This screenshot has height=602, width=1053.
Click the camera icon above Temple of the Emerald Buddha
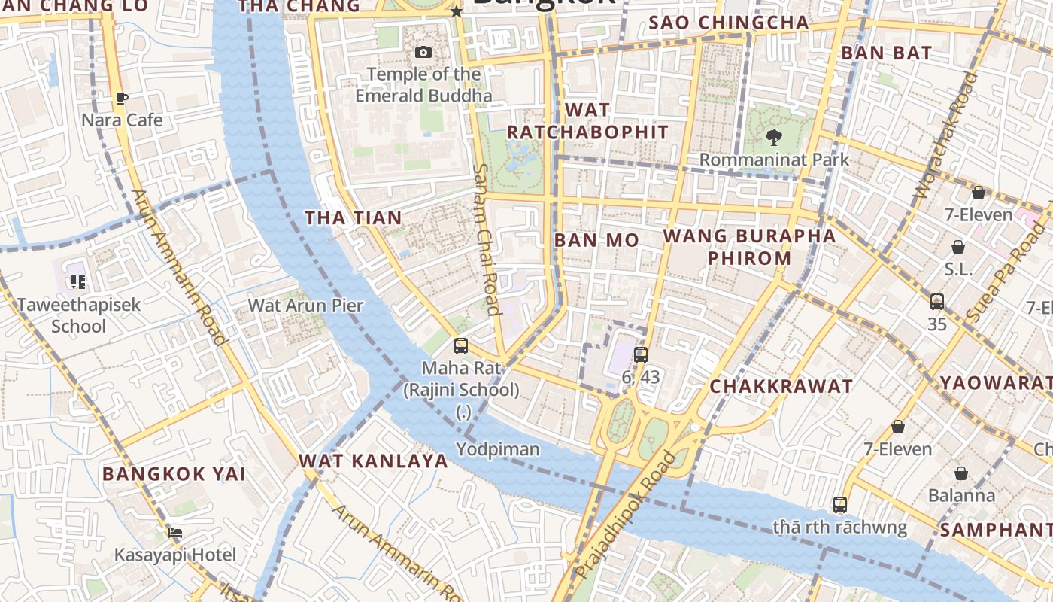pos(423,52)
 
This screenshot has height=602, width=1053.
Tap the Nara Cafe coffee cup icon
pos(122,98)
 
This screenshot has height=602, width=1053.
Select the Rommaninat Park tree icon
pos(773,138)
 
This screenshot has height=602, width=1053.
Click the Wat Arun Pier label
pos(305,306)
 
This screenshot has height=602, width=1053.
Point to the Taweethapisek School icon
pos(77,282)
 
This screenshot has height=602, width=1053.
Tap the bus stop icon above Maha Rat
pos(461,346)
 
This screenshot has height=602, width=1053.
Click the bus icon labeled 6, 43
pos(641,355)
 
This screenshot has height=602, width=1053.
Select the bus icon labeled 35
pos(937,302)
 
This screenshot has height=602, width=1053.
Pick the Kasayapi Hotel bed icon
pos(175,533)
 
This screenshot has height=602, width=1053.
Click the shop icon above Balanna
pos(961,473)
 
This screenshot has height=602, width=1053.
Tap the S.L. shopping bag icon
pos(958,247)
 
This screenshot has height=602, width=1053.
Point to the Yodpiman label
pos(498,449)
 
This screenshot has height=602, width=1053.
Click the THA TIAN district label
pos(353,217)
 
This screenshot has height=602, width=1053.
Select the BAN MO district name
pos(596,240)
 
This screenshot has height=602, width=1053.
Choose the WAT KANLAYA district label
pos(373,461)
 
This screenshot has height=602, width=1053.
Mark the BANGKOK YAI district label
pos(174,474)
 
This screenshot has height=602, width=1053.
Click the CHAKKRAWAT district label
pos(781,387)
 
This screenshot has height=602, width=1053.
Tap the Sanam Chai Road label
pos(486,239)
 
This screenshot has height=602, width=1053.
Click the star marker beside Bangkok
pos(456,11)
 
